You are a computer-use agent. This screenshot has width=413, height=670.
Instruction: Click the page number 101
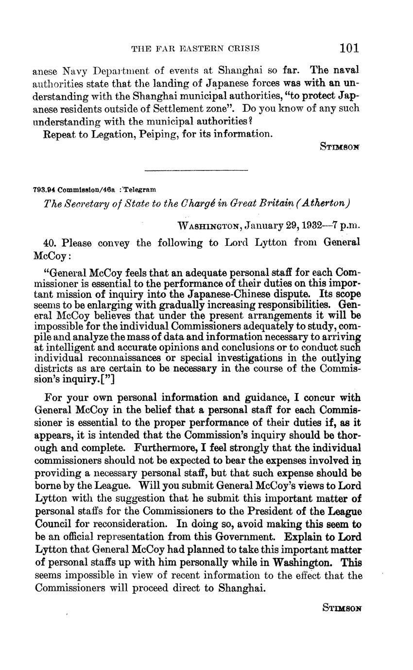point(349,48)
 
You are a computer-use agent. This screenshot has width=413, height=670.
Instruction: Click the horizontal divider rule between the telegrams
point(196,170)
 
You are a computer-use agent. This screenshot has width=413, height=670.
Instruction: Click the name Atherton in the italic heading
point(323,203)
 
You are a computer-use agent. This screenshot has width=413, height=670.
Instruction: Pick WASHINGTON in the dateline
point(210,225)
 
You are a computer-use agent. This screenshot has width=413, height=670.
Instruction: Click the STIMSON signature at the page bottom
point(342,607)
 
